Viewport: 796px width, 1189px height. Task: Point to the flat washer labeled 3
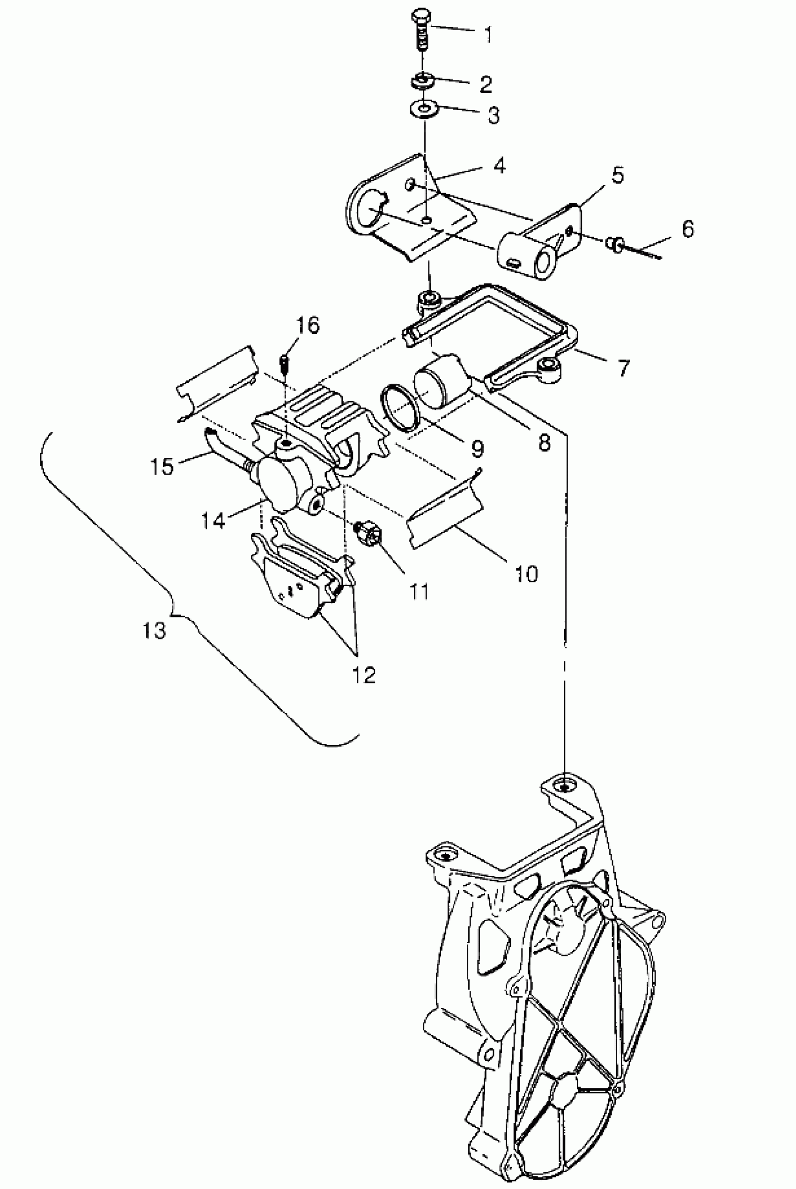point(422,109)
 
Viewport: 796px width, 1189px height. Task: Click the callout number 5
point(617,175)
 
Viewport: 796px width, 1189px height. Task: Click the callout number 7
point(623,367)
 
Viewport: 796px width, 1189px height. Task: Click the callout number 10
point(525,574)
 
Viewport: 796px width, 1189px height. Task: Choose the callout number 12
point(363,675)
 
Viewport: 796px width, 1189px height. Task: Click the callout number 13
point(155,631)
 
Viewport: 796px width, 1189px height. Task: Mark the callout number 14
point(213,520)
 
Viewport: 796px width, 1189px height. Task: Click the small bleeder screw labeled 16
point(284,362)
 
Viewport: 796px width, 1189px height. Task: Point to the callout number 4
point(500,165)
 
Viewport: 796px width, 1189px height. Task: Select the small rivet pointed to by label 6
point(615,245)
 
